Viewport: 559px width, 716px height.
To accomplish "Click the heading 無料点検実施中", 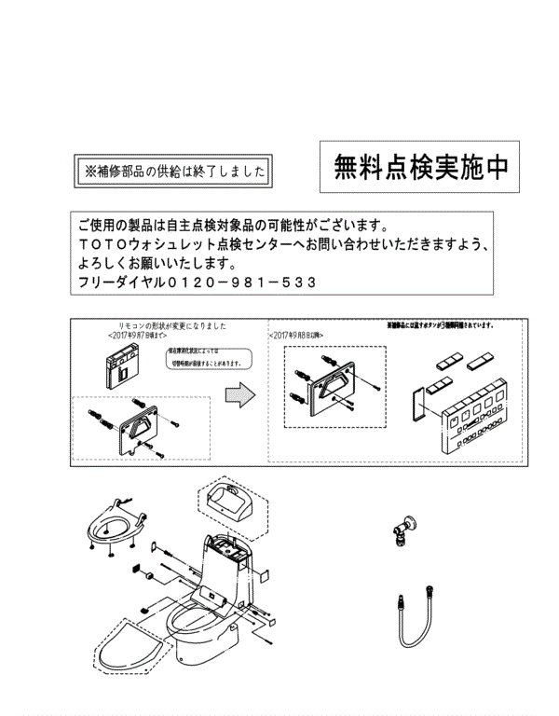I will (421, 167).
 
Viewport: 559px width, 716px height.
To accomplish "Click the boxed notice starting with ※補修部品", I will (175, 172).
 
